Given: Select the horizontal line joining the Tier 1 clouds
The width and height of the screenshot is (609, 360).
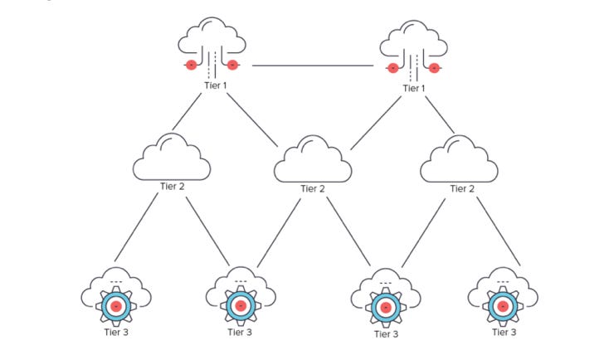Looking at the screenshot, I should click(313, 66).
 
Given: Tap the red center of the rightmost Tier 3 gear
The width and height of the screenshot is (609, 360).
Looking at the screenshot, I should click(502, 306).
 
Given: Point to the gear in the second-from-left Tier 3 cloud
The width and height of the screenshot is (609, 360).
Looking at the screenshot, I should click(240, 306).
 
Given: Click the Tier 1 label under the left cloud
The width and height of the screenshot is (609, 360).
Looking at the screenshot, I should click(213, 86).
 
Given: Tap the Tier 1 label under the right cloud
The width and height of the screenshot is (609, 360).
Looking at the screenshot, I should click(412, 88).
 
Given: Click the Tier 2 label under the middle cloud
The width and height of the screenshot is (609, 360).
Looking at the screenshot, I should click(312, 189).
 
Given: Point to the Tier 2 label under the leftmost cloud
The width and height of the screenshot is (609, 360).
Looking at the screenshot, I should click(173, 187).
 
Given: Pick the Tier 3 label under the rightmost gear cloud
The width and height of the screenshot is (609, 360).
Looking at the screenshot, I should click(503, 332).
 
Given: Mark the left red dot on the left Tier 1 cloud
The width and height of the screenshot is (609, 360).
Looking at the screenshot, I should click(191, 65).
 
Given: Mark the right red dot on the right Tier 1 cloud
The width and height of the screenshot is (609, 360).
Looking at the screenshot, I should click(434, 66).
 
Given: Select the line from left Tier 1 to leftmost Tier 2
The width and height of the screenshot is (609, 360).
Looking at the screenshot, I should click(188, 112).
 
